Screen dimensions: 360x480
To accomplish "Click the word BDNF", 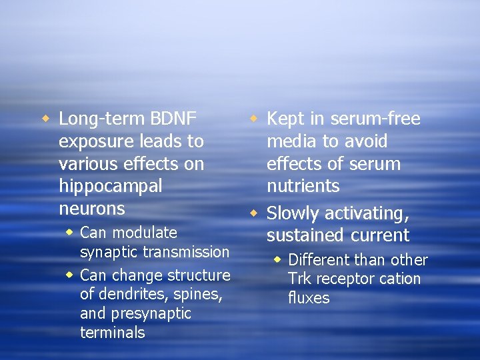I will (x=174, y=119).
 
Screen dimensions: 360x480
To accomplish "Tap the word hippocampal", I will (x=110, y=186).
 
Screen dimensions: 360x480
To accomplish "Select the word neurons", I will (x=92, y=209).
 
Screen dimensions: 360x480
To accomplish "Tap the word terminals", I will (x=112, y=333).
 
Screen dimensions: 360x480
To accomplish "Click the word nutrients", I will (x=303, y=186).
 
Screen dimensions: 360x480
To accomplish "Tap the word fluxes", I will (x=309, y=298).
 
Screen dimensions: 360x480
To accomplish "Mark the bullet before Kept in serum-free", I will (x=253, y=119).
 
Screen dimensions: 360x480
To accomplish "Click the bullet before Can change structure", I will (x=69, y=275).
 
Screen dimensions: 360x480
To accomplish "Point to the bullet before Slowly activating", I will (x=253, y=214).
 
